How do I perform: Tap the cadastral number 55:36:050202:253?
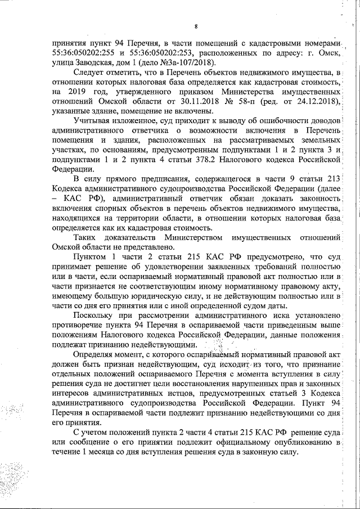[x=156, y=53]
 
